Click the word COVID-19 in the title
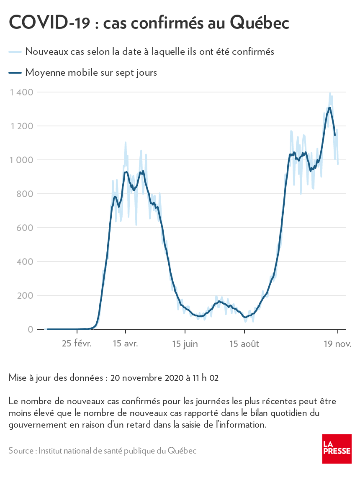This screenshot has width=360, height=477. (x=49, y=23)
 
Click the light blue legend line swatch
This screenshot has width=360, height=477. (x=15, y=51)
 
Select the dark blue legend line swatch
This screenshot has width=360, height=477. (x=15, y=73)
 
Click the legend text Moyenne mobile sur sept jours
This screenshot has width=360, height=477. (x=91, y=72)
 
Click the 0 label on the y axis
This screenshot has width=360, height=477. (x=31, y=329)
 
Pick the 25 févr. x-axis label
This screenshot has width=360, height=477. (x=77, y=344)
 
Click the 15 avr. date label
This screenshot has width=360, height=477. (x=125, y=344)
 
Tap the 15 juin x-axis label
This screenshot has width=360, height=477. (x=185, y=344)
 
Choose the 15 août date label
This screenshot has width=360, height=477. (x=244, y=344)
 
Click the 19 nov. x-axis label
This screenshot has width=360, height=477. (x=337, y=344)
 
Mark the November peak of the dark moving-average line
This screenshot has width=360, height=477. (x=330, y=108)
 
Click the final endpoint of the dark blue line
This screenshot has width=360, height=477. (x=335, y=135)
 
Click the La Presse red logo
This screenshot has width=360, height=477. (x=337, y=449)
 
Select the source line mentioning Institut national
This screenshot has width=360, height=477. (x=102, y=451)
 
